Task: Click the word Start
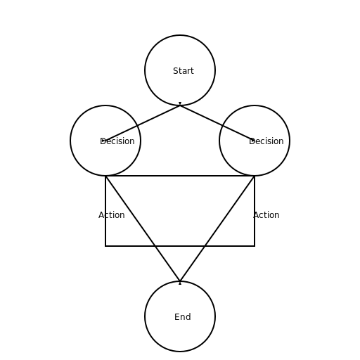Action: [184, 71]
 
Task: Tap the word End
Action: [183, 317]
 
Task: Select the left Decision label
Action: [117, 141]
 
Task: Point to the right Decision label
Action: [266, 141]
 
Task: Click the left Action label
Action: [112, 215]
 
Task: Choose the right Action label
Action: [266, 215]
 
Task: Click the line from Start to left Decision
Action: [143, 123]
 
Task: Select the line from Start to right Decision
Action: [217, 123]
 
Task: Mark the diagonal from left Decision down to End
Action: [143, 229]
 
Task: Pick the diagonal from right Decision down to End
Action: [217, 229]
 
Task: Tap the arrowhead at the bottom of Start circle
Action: [180, 103]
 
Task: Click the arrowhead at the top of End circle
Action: [180, 283]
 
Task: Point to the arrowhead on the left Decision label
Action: [104, 141]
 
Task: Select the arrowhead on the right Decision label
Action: [252, 140]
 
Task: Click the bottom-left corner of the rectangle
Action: [105, 246]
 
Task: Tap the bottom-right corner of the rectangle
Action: [255, 246]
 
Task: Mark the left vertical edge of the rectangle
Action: [105, 211]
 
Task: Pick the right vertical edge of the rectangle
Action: [255, 211]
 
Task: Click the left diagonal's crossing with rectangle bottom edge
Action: [155, 246]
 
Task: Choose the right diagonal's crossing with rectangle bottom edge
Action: [205, 246]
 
